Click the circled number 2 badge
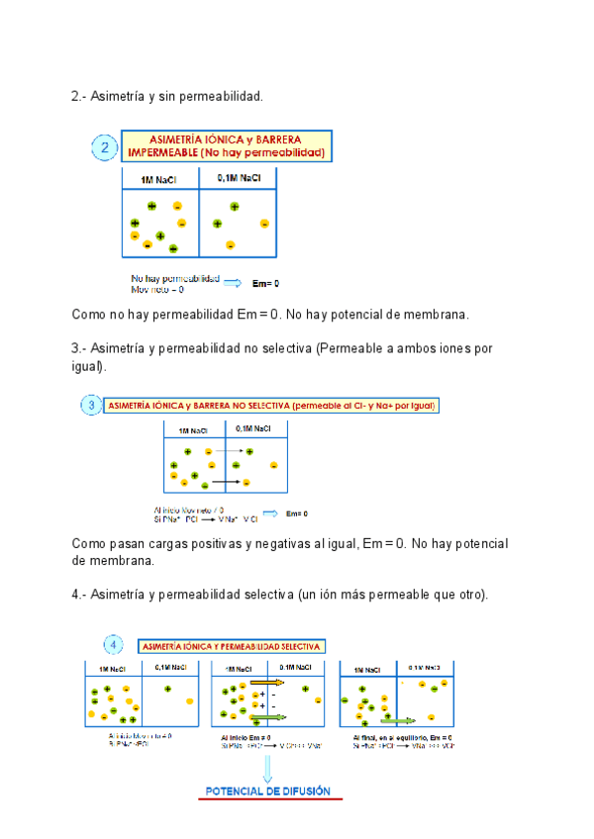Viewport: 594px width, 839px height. coord(105,149)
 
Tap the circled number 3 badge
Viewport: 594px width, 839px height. coord(90,406)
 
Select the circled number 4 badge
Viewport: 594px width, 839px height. coord(114,645)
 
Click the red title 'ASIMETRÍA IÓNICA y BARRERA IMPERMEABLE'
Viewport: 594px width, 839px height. coord(227,146)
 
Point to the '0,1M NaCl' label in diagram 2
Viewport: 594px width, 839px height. coord(239,178)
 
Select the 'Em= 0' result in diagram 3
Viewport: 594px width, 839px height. coord(297,513)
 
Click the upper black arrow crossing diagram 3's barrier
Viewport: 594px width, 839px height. coord(232,451)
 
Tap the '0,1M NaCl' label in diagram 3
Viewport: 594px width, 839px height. coord(248,428)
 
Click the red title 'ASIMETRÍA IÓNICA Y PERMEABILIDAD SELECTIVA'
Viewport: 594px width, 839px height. coord(232,646)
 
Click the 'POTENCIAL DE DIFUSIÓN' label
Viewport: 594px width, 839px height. coord(267,791)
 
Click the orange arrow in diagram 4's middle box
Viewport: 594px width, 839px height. coord(264,683)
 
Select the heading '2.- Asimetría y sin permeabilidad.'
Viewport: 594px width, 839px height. coord(167,97)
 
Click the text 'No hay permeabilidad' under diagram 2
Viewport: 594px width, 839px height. coord(175,278)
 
